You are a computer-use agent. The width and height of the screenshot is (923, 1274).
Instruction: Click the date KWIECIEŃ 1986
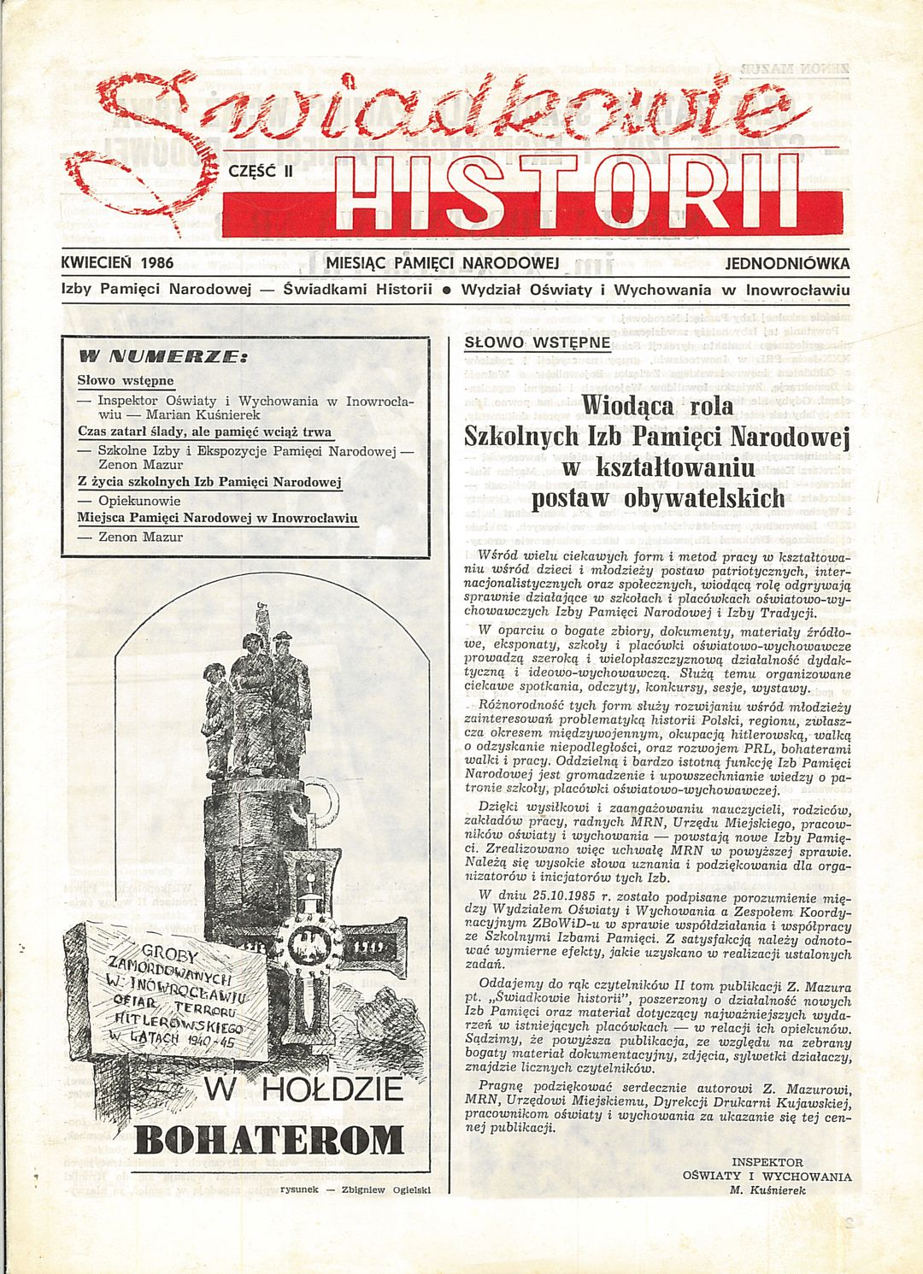click(x=117, y=264)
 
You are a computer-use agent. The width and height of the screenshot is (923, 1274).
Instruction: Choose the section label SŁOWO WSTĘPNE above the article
click(x=537, y=343)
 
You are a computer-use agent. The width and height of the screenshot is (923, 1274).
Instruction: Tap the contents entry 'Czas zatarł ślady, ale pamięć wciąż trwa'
click(x=204, y=432)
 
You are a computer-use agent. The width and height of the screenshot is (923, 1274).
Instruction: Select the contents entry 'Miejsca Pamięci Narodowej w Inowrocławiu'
click(x=217, y=519)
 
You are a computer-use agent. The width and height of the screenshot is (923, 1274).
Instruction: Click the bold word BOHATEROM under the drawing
click(x=269, y=1139)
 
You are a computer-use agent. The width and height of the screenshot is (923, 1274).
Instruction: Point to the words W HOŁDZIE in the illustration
click(x=303, y=1091)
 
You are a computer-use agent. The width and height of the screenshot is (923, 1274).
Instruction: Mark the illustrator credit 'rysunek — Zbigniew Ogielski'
click(x=353, y=1189)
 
